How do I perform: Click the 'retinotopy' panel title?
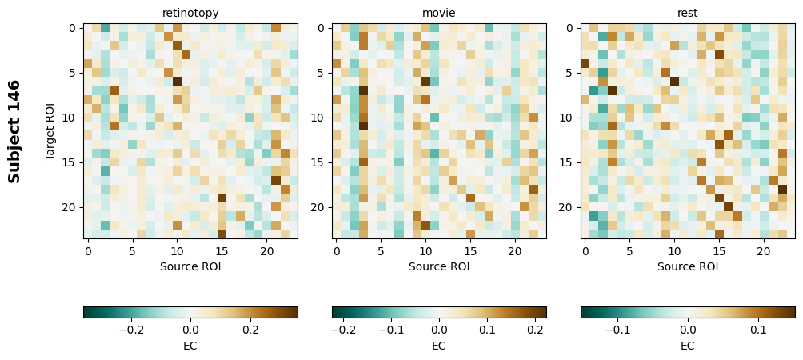tap(190, 13)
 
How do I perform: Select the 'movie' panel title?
tap(439, 13)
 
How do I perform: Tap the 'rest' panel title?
tap(688, 13)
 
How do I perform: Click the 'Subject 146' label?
tap(14, 131)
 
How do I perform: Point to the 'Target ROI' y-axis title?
tap(50, 131)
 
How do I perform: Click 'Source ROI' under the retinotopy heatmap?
tap(190, 266)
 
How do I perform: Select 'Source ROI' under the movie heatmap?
tap(439, 266)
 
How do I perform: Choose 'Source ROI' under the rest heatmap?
tap(688, 266)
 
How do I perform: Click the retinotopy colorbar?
tap(190, 312)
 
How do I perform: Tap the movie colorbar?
tap(439, 312)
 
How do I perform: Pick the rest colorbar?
tap(688, 312)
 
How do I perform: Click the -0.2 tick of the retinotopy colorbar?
tap(131, 329)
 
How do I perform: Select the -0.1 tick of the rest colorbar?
tap(617, 329)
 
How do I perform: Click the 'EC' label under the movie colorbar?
tap(439, 346)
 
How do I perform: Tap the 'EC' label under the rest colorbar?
tap(688, 346)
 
